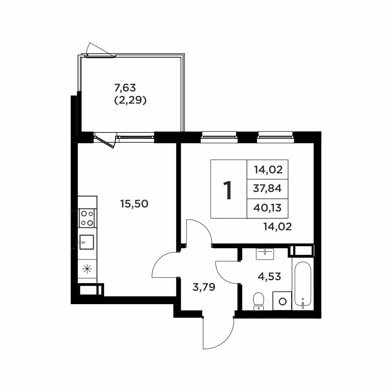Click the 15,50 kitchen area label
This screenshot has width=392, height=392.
point(134,204)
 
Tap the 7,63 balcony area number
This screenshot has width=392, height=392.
point(125,88)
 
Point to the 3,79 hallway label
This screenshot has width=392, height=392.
point(204,287)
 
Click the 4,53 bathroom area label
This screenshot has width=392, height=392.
point(269,276)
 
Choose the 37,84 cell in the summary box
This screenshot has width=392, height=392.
point(267,189)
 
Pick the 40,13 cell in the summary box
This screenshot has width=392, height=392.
point(267,208)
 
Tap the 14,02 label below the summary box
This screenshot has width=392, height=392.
point(278,227)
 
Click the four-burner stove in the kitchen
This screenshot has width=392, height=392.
point(87,218)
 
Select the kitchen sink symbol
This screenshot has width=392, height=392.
point(87,242)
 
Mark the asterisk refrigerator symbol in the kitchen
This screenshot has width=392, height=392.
point(87,269)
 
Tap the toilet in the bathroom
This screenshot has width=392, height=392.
point(259,301)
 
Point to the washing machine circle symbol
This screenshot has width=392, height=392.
point(282,301)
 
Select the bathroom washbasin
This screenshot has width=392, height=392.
point(265,254)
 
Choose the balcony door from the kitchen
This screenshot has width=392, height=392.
point(105,140)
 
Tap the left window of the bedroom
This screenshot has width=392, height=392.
point(219,136)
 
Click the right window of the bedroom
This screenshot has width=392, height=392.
point(275,136)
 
